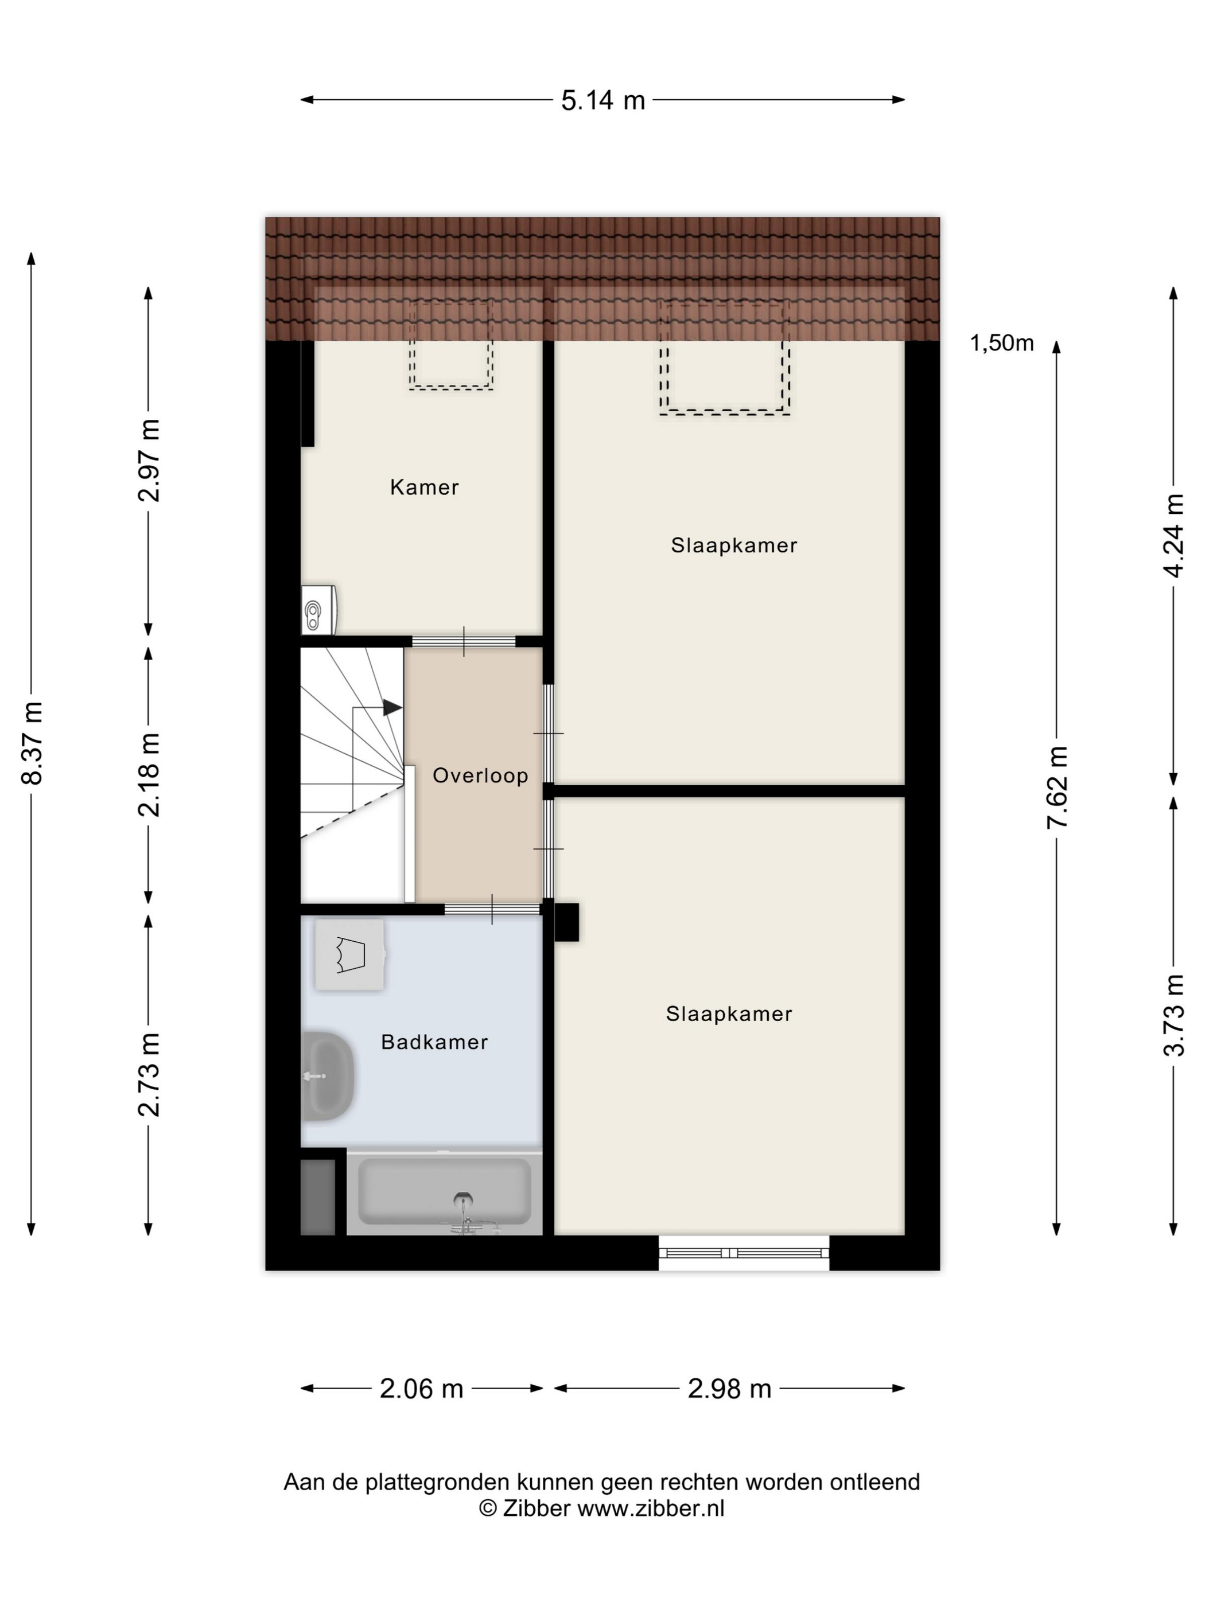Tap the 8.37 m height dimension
[x=33, y=743]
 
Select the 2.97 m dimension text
[x=149, y=461]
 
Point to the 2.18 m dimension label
[x=149, y=775]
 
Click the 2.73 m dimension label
[x=149, y=1074]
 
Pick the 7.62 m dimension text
[x=1057, y=787]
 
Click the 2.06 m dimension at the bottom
[x=421, y=1388]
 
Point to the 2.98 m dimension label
[x=729, y=1388]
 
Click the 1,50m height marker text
[x=1002, y=342]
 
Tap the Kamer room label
[x=424, y=487]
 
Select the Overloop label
[x=480, y=776]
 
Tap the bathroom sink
[x=328, y=1075]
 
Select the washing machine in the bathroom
[x=349, y=955]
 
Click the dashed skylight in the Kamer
[x=451, y=345]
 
